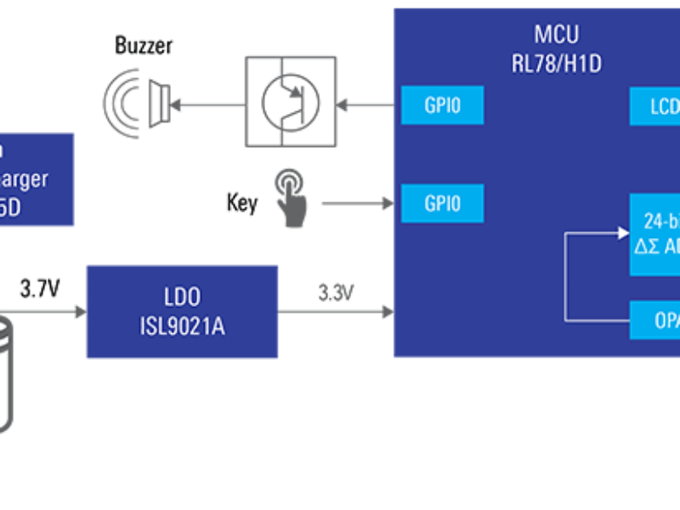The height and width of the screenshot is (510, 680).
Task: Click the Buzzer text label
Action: (x=144, y=46)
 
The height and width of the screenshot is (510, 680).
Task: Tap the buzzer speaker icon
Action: (x=136, y=104)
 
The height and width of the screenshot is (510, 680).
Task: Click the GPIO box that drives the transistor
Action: (x=442, y=105)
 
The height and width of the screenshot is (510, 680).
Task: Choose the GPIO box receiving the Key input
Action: (x=442, y=204)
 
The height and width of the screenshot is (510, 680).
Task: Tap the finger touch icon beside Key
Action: (x=291, y=197)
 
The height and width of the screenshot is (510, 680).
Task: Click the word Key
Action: (x=241, y=203)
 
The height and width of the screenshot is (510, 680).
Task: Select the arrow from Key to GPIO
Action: (x=357, y=203)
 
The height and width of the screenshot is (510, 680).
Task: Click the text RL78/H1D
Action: (x=556, y=63)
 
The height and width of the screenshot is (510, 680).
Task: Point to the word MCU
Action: (x=556, y=35)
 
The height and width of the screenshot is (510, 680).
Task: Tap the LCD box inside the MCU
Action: (x=655, y=106)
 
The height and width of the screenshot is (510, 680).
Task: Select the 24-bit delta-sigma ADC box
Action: (x=655, y=234)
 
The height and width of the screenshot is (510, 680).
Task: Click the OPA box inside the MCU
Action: (x=655, y=320)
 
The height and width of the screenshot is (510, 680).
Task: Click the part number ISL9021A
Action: (x=182, y=326)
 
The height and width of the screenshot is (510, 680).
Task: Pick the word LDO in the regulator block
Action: (x=182, y=297)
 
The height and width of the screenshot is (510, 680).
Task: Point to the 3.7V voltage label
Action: (x=40, y=291)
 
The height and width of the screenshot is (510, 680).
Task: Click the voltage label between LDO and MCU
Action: (x=336, y=292)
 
